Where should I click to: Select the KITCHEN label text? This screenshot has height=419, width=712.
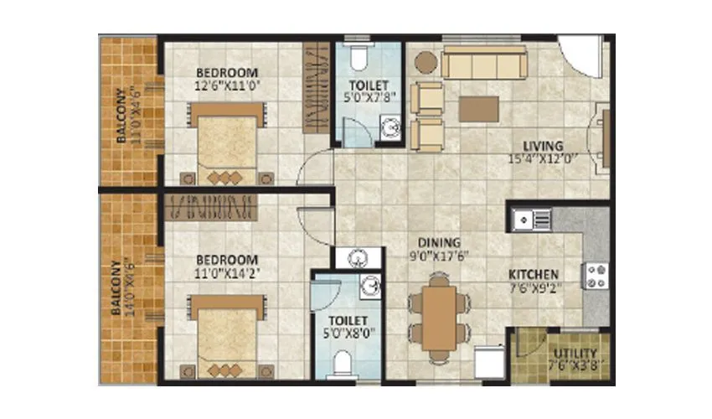pyautogui.click(x=534, y=274)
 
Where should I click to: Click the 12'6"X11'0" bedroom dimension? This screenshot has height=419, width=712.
pyautogui.click(x=226, y=85)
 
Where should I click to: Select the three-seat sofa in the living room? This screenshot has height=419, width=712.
pyautogui.click(x=484, y=62)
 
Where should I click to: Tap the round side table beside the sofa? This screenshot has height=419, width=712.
pyautogui.click(x=426, y=62)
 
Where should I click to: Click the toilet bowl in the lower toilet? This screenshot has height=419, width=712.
pyautogui.click(x=343, y=365)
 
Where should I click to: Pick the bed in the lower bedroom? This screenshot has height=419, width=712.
pyautogui.click(x=228, y=333)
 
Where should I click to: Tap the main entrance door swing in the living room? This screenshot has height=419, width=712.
pyautogui.click(x=580, y=59)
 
